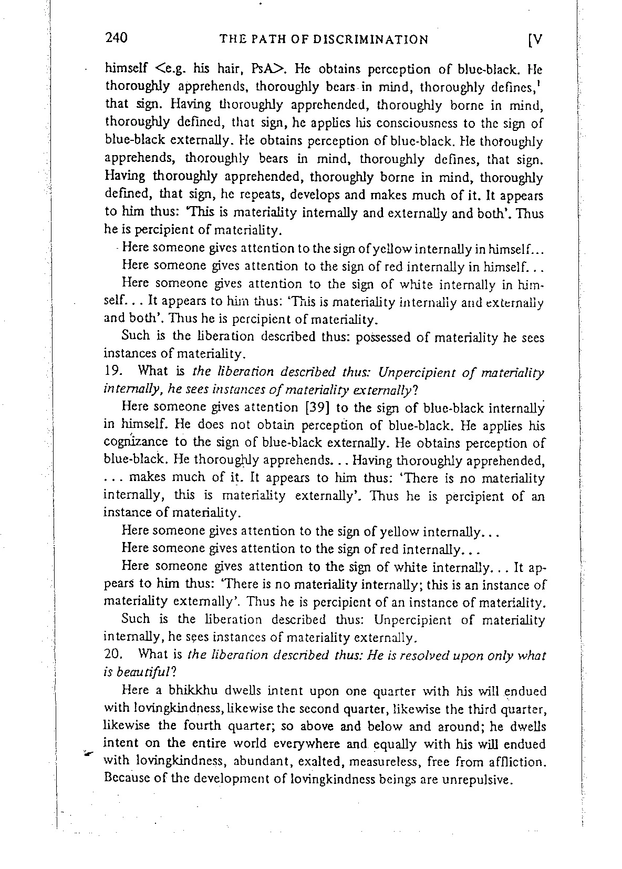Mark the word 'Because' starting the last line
127,779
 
